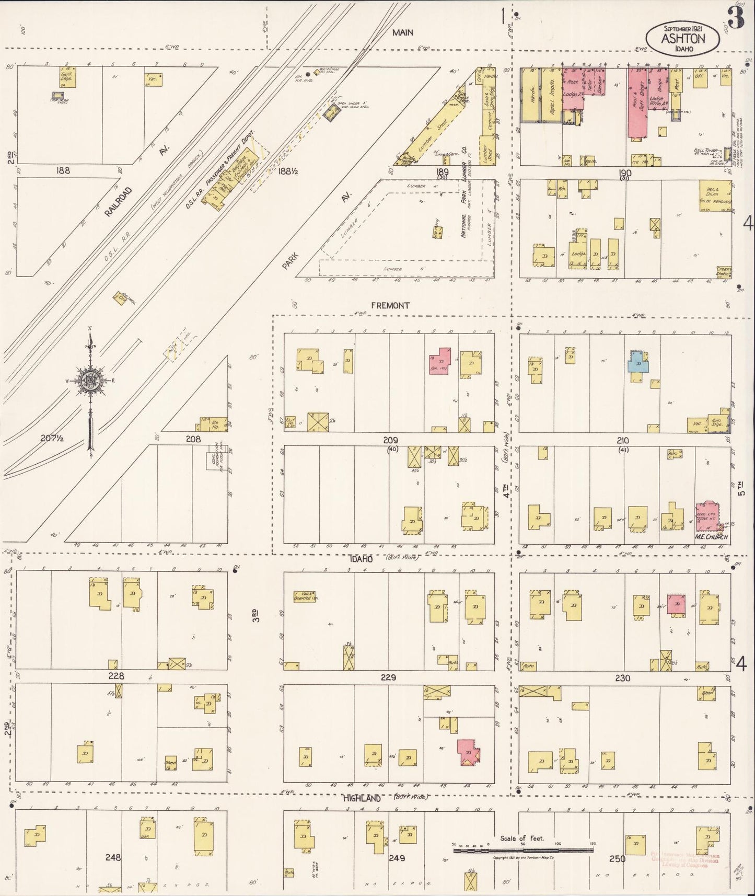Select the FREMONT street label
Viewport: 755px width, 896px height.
pyautogui.click(x=390, y=305)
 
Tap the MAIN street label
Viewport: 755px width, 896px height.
pyautogui.click(x=403, y=32)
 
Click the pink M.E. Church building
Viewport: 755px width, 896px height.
pyautogui.click(x=706, y=514)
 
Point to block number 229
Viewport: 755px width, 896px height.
pyautogui.click(x=389, y=677)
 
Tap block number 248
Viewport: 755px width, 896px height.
pyautogui.click(x=113, y=857)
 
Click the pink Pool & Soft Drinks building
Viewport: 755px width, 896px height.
pyautogui.click(x=637, y=102)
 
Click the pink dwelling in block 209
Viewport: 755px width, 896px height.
pyautogui.click(x=440, y=360)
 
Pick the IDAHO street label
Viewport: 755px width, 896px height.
pyautogui.click(x=360, y=559)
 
